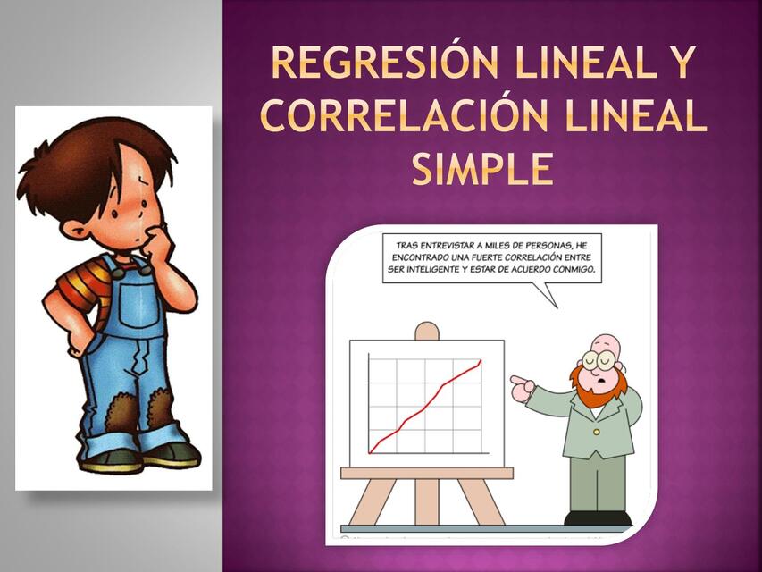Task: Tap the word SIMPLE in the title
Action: (482, 169)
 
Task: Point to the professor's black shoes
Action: (597, 517)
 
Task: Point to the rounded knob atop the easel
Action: (428, 331)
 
